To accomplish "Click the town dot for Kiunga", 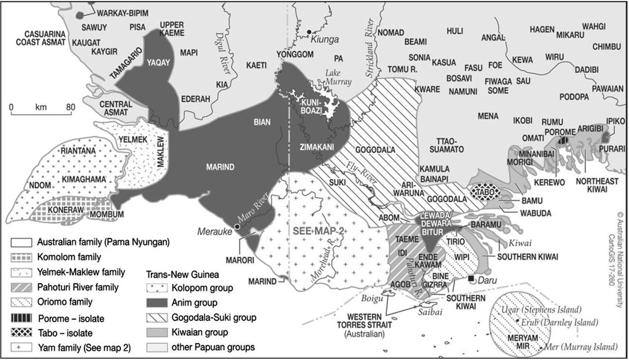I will tap(309, 32).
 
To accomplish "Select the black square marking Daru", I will tap(471, 278).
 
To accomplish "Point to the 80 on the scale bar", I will tap(70, 107).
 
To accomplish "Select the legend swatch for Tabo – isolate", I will tap(22, 332).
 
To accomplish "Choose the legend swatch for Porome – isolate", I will tap(22, 318).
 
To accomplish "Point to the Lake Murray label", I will tap(338, 77).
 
